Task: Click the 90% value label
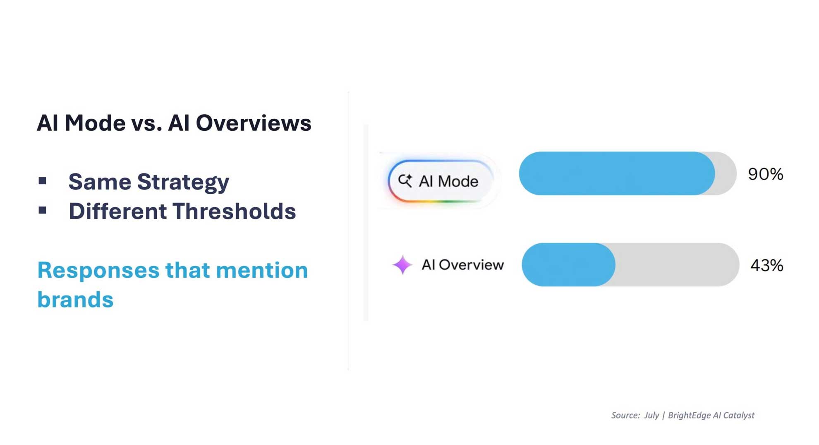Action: [765, 174]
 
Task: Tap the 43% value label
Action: [766, 265]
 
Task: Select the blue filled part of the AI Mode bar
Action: [616, 173]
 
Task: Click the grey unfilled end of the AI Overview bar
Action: [678, 265]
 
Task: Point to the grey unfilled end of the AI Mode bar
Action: [726, 173]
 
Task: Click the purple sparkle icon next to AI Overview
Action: [402, 265]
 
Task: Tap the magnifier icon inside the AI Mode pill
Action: [405, 181]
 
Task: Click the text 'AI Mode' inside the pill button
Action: [448, 181]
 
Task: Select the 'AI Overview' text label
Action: [462, 265]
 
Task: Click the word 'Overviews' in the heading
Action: [253, 123]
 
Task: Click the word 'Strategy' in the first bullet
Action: [183, 182]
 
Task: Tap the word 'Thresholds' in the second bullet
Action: [234, 212]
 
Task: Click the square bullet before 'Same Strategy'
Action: [42, 180]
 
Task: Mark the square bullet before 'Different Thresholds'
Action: [42, 210]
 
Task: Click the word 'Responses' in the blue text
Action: [98, 270]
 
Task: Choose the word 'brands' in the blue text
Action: [75, 300]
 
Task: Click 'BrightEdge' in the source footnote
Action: [689, 415]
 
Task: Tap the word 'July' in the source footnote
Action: [651, 415]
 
